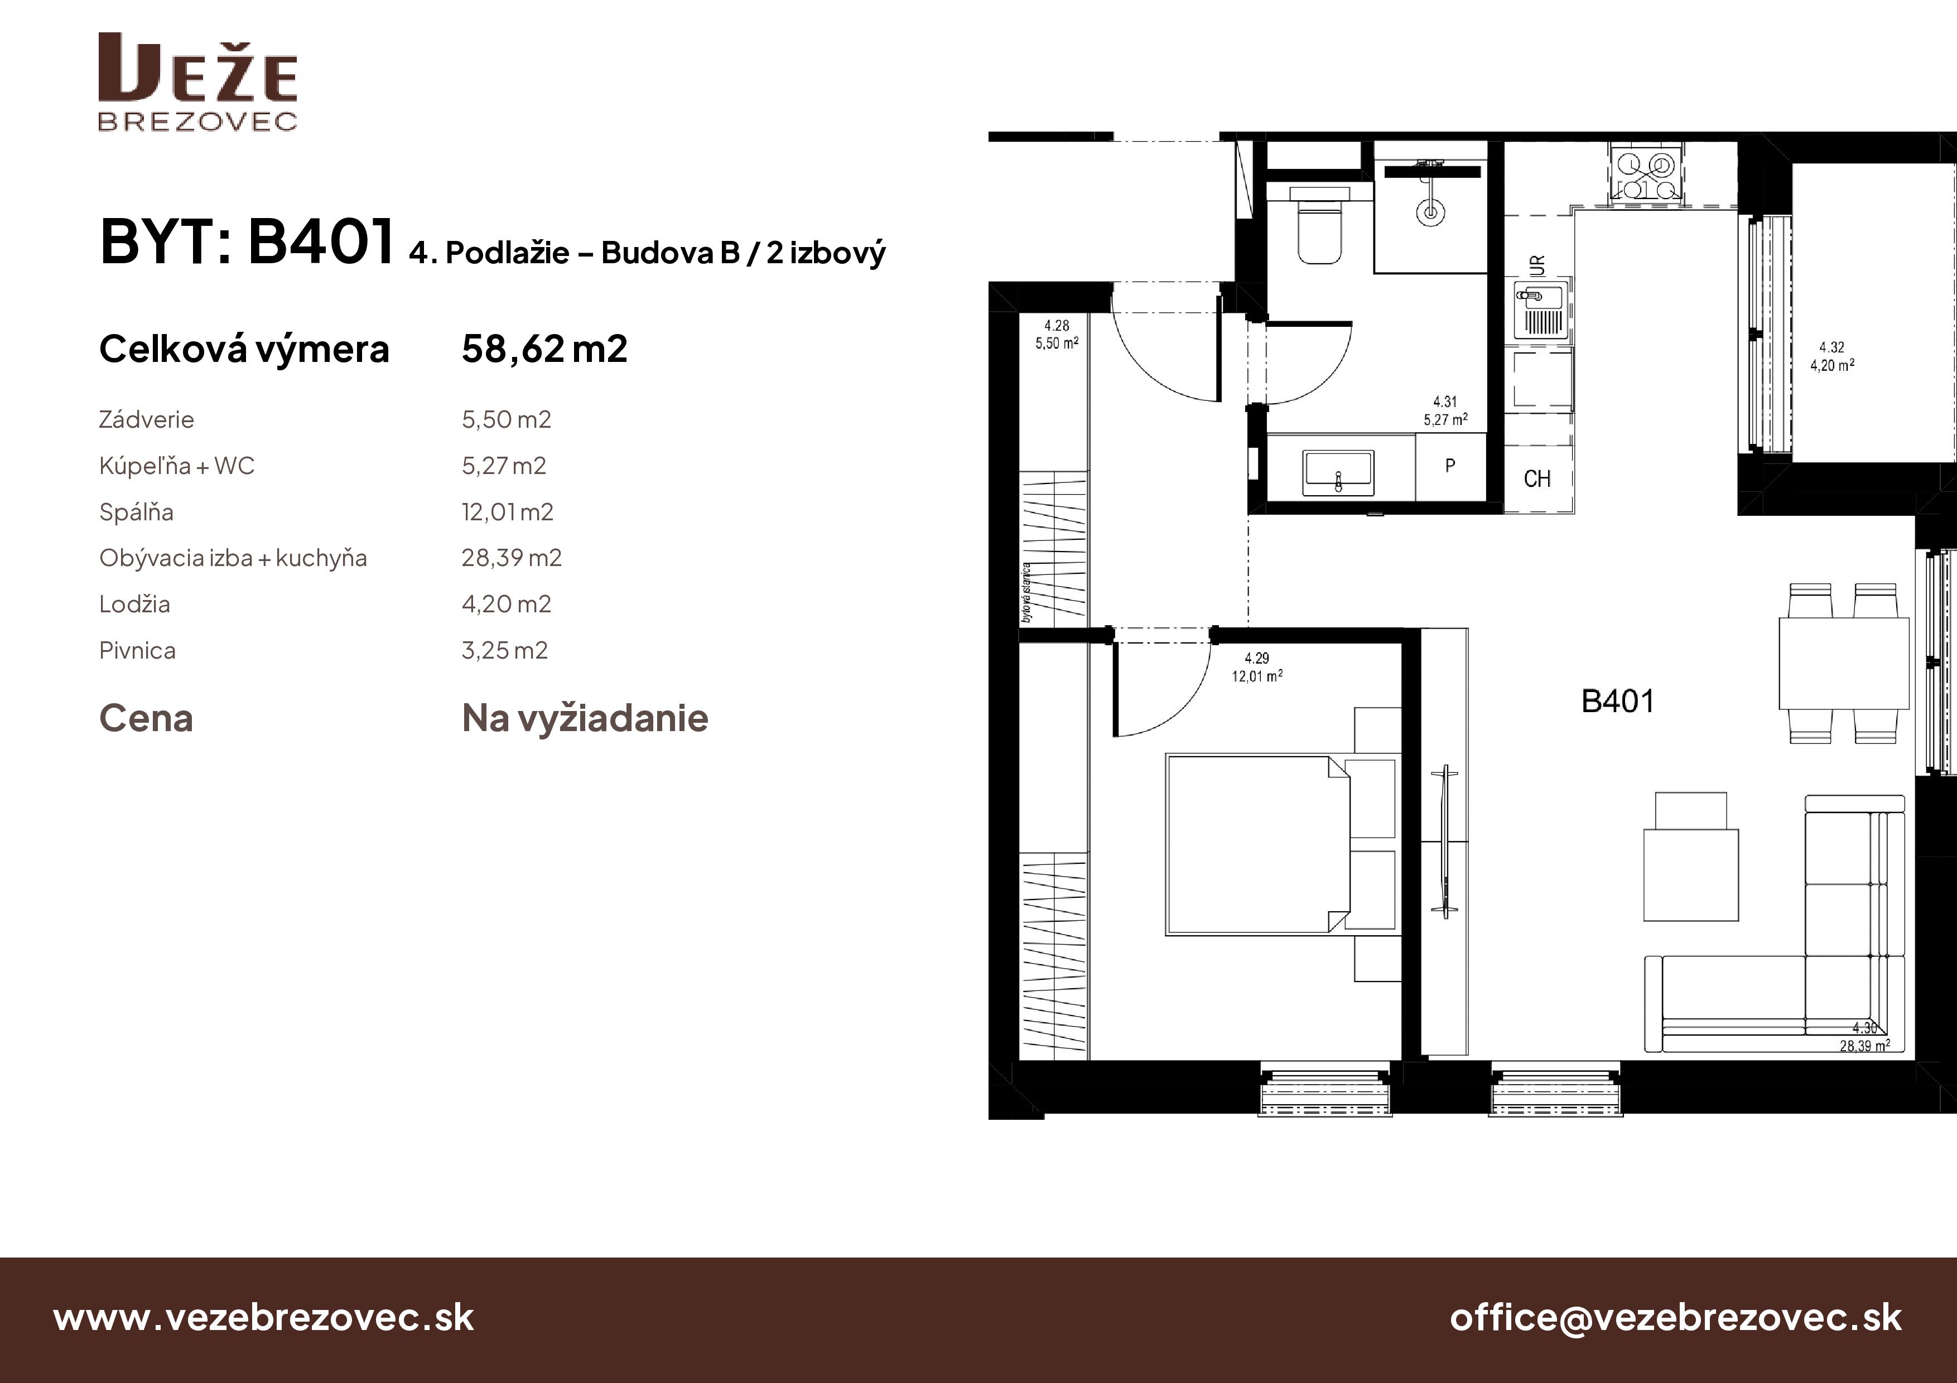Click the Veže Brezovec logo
[197, 83]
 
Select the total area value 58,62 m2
[544, 349]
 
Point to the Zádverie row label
[147, 420]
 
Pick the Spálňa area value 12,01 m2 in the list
[507, 512]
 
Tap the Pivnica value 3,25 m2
[505, 651]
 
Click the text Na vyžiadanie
[585, 718]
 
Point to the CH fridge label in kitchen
[1537, 480]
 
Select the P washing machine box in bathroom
[1450, 467]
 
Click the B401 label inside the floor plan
[1617, 702]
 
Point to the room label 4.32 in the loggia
[1831, 347]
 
